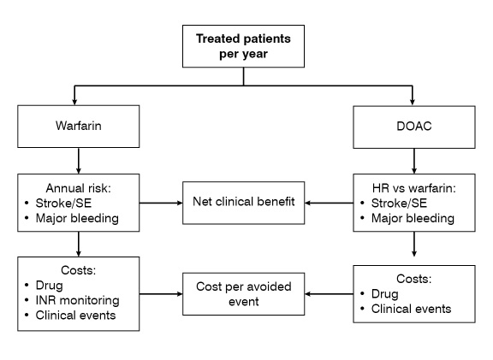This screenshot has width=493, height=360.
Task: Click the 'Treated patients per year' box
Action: [x=243, y=46]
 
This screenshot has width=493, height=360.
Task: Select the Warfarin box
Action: [x=78, y=127]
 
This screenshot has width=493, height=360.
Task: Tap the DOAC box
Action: [x=414, y=127]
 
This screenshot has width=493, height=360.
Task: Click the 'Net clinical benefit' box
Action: [x=243, y=203]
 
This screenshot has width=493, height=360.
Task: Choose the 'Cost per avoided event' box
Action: [x=243, y=294]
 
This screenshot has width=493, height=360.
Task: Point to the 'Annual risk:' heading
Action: [x=78, y=188]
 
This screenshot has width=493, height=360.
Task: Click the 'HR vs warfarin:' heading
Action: [x=413, y=188]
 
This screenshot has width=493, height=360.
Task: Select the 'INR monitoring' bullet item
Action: [x=77, y=300]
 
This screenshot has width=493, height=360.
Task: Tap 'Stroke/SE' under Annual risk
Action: [x=63, y=204]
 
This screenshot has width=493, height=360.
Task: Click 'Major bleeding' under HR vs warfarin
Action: [x=413, y=218]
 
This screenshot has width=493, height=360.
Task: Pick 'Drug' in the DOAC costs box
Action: [x=385, y=294]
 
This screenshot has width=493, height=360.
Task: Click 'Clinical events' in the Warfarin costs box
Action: [x=75, y=316]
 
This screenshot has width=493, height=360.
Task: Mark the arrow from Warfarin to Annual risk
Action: [x=78, y=161]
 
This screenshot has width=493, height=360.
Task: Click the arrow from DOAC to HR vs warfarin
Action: [x=414, y=161]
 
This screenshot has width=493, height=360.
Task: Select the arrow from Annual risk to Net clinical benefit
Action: [x=161, y=203]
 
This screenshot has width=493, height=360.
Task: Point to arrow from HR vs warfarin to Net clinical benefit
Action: [x=329, y=203]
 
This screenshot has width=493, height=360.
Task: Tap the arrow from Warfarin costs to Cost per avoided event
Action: [x=161, y=294]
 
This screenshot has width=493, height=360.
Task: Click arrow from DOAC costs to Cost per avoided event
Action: [x=329, y=294]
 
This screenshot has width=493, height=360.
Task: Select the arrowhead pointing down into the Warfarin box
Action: [x=74, y=102]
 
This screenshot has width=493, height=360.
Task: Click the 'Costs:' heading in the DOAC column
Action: [x=413, y=279]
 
